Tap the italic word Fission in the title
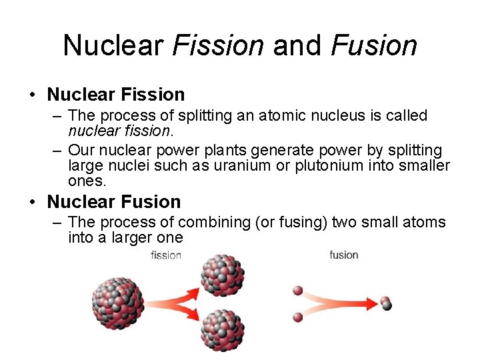coord(218,45)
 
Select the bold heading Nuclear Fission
coord(116,95)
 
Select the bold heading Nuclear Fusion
coord(114,201)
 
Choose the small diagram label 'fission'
coord(166,255)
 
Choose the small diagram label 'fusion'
coord(344,255)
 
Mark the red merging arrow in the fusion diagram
coord(340,304)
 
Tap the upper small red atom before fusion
coord(298,291)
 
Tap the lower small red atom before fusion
coord(298,317)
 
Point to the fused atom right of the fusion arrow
coord(385,304)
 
